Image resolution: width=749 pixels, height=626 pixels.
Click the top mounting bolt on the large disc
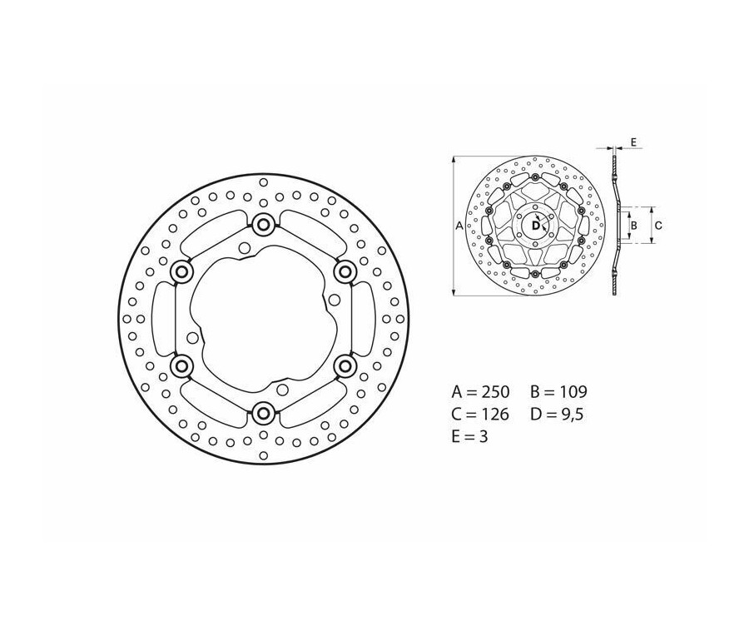264,223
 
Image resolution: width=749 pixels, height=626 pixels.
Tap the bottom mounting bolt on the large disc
264,412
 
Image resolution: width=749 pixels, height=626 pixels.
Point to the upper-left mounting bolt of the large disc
181,271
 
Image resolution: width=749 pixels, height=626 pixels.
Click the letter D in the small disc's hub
530,223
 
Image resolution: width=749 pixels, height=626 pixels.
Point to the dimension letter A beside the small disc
459,225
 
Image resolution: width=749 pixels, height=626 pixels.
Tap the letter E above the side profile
632,143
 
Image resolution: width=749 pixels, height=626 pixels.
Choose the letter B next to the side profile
633,225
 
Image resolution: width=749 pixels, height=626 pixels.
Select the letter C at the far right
657,225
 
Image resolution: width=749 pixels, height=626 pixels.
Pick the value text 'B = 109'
559,390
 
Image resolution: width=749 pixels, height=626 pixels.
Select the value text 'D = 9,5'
558,413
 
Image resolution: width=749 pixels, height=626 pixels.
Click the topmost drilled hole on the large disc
263,182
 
